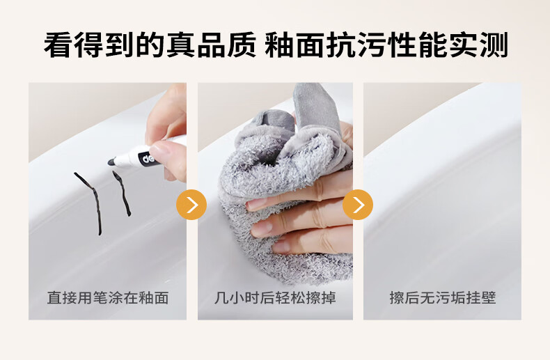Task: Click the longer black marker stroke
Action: click(90, 203)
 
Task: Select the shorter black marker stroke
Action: click(123, 193)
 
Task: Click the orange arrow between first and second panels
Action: click(191, 205)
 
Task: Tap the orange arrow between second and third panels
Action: click(358, 205)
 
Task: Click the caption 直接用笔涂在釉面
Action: click(108, 298)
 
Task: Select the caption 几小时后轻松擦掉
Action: click(275, 298)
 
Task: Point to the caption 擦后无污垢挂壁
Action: click(442, 298)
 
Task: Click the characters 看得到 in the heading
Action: click(89, 45)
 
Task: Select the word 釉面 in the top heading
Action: click(294, 45)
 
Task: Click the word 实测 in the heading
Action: click(478, 45)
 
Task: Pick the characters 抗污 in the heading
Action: click(356, 45)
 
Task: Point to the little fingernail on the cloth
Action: click(281, 247)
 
